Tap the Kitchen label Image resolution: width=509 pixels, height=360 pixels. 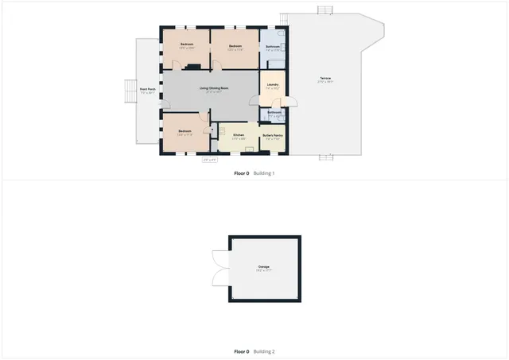[238, 135]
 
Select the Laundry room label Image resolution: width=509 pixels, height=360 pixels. [272, 84]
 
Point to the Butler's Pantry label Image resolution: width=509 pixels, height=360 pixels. [273, 135]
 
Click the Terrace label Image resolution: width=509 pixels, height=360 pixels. [324, 78]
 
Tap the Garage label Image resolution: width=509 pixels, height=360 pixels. [263, 266]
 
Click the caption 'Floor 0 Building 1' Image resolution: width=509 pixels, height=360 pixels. [254, 173]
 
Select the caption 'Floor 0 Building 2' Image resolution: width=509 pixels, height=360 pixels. [254, 351]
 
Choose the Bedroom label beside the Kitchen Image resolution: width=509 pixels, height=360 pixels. [185, 130]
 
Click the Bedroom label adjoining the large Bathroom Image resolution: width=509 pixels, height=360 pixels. [235, 46]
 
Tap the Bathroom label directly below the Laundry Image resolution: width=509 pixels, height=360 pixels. [274, 112]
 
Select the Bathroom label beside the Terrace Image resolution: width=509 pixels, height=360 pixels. [272, 47]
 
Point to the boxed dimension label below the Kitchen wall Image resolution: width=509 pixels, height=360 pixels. [210, 161]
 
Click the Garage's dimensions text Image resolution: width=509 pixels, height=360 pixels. [263, 271]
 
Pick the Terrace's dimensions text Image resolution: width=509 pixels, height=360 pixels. [324, 82]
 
